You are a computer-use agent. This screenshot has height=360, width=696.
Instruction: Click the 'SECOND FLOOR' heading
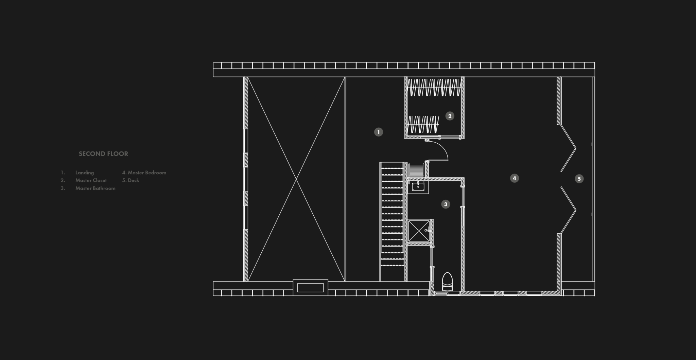click(103, 154)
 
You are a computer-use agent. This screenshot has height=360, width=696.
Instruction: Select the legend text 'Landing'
click(85, 173)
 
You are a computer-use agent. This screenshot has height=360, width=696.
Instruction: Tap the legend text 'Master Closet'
click(91, 180)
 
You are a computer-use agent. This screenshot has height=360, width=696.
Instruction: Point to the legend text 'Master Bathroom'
click(95, 188)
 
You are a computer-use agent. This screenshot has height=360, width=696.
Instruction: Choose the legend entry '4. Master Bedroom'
click(144, 173)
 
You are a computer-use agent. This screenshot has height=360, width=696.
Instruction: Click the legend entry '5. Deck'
click(131, 180)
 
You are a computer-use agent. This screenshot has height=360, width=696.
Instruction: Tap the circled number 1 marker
click(379, 132)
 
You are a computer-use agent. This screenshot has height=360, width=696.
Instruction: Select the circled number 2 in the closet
click(450, 116)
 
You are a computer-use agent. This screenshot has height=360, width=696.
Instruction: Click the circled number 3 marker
click(446, 204)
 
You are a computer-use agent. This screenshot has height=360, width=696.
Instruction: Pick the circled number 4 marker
click(515, 178)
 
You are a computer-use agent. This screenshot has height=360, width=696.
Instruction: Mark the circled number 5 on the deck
click(579, 179)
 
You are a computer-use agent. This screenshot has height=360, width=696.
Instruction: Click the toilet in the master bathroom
click(447, 281)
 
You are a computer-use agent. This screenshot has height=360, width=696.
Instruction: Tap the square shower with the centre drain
click(419, 231)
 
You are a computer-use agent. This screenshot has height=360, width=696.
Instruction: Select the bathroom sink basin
click(418, 186)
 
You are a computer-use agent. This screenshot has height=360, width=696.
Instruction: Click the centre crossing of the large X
click(297, 179)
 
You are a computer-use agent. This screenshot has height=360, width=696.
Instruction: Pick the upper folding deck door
click(568, 148)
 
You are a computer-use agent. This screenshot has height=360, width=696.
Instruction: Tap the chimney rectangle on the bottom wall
click(311, 288)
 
